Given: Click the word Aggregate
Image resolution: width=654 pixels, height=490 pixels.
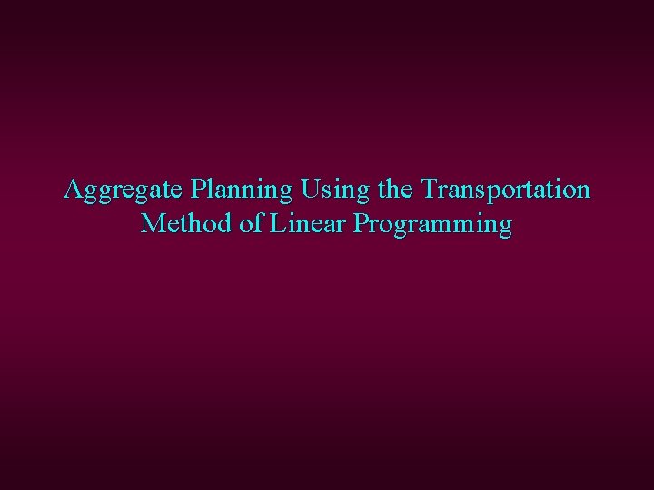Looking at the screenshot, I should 124,191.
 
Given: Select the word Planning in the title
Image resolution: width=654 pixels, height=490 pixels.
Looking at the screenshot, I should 242,191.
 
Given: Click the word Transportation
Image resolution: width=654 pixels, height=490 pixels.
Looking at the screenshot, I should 504,190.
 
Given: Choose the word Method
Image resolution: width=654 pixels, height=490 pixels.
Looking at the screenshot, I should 187,223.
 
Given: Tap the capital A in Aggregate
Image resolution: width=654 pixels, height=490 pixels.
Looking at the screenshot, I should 74,190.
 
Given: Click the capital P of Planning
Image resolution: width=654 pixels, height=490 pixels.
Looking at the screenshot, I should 197,190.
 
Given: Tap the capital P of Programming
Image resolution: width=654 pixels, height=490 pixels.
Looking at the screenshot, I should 363,223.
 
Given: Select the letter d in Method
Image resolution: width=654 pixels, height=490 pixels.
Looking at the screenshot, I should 226,223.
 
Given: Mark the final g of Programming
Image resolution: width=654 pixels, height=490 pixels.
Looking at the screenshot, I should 505,227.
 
